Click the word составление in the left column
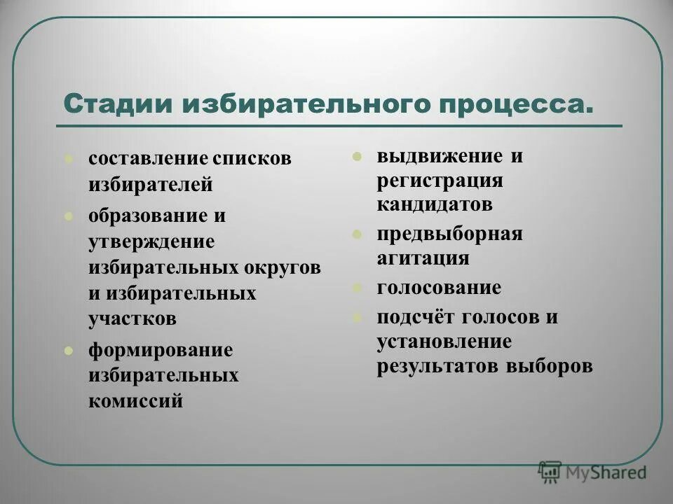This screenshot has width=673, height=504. point(148,158)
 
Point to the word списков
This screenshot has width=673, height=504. point(252,158)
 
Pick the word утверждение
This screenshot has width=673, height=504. point(151,241)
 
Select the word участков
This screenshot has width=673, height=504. point(132,318)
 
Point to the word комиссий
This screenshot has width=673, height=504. point(136,401)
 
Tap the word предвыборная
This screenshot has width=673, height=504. point(449,234)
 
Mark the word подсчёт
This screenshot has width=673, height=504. point(415,316)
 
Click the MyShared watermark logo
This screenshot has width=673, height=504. point(592,472)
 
